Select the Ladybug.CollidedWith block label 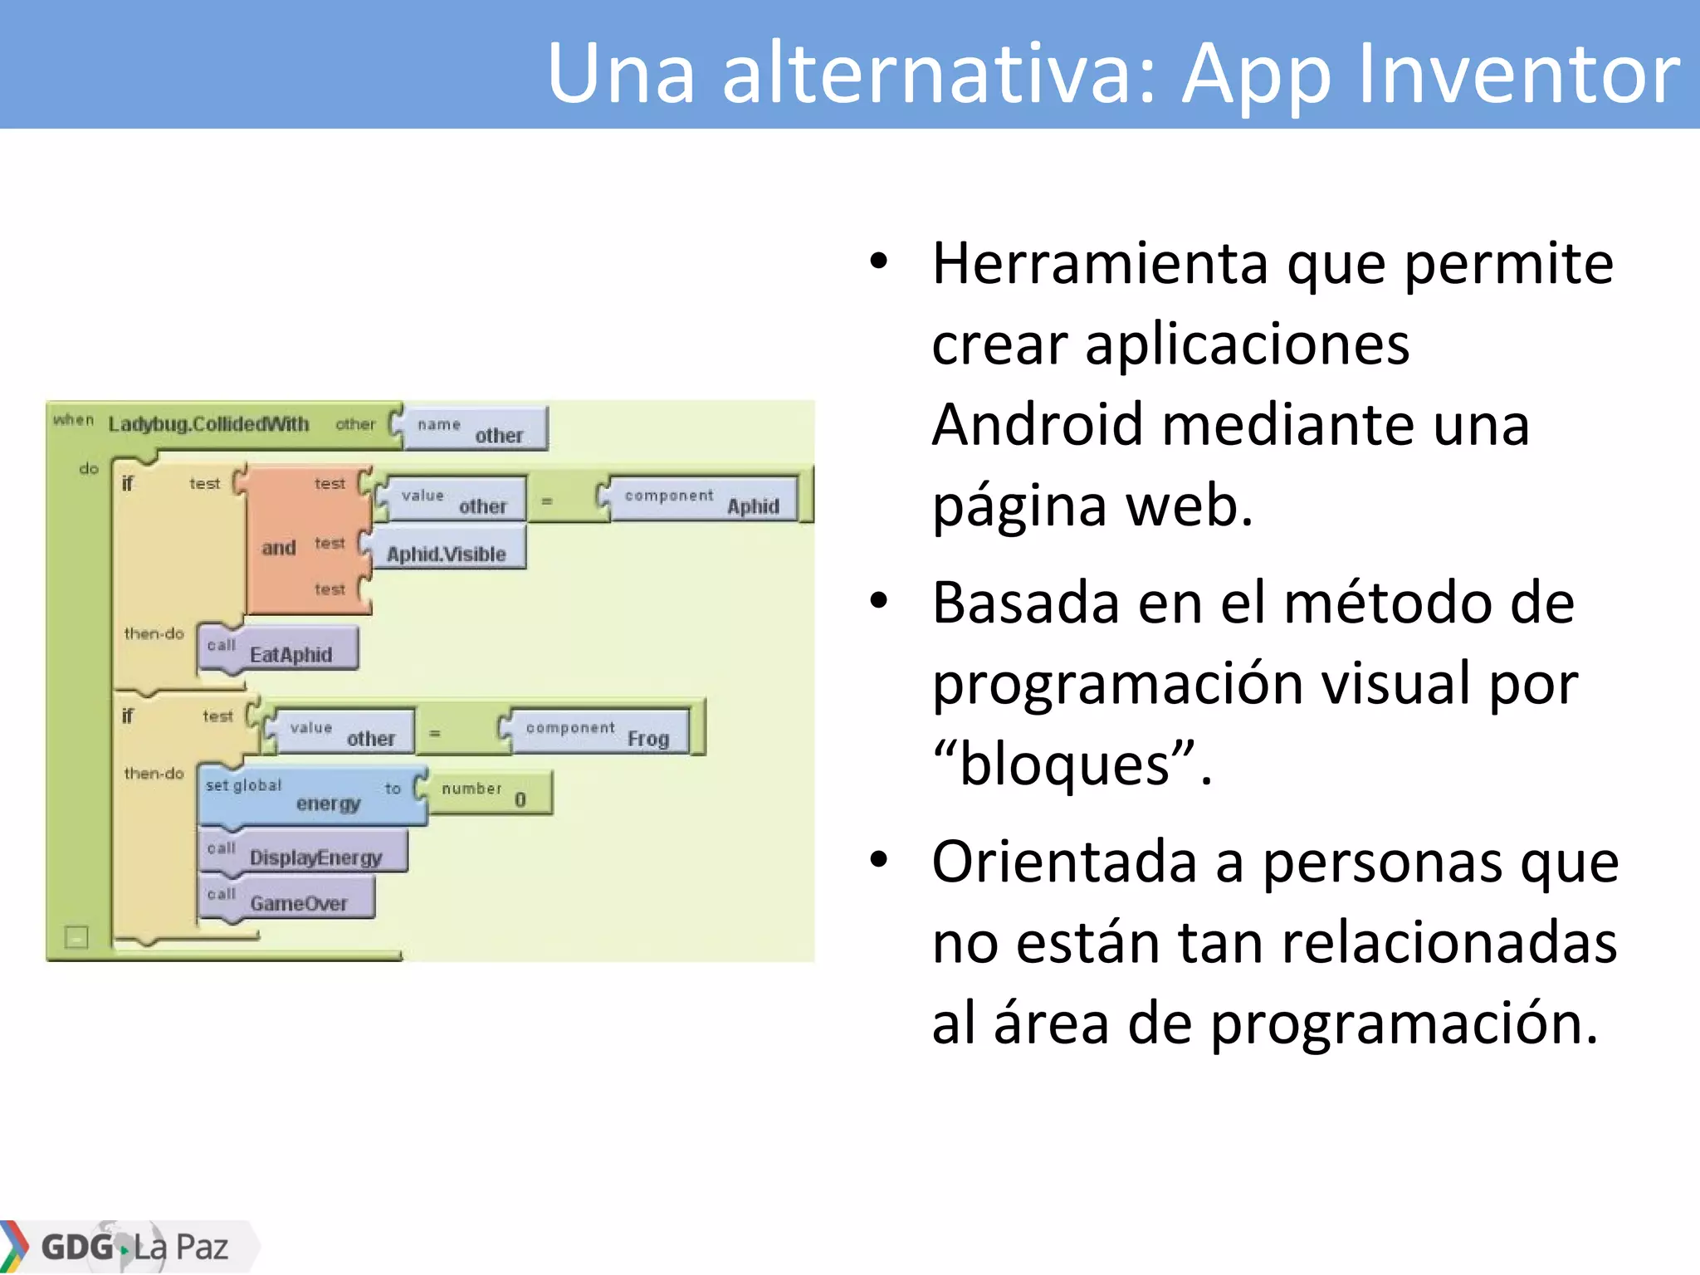coord(208,424)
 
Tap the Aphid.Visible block coord(447,553)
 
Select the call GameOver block coord(286,899)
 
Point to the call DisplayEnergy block coord(303,852)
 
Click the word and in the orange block coord(279,548)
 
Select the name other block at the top coord(475,429)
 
